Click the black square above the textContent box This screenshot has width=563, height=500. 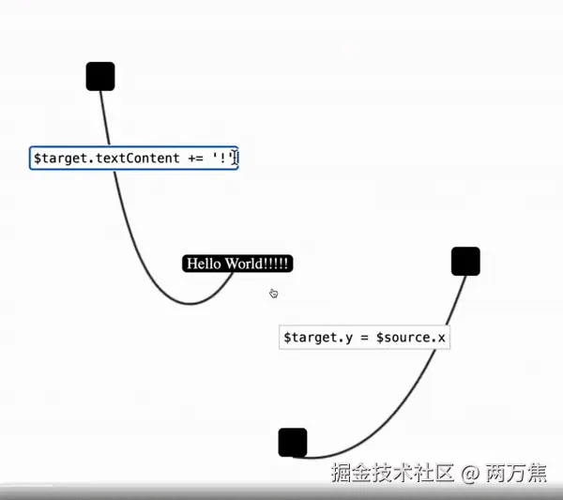click(x=100, y=76)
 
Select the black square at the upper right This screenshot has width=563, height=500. click(x=465, y=261)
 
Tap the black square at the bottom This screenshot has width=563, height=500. click(x=293, y=442)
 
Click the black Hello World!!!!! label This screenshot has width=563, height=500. click(x=237, y=264)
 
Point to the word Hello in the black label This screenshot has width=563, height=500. click(x=204, y=264)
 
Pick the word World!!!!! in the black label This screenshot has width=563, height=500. click(x=257, y=264)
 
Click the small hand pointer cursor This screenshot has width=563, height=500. click(x=273, y=294)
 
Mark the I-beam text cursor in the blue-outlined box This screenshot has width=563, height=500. click(x=235, y=158)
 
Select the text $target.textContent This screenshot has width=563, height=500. click(x=106, y=159)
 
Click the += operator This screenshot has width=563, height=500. click(x=195, y=159)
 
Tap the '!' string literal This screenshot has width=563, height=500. click(x=221, y=158)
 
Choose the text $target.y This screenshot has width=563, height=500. click(x=313, y=338)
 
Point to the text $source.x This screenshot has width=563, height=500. click(x=410, y=338)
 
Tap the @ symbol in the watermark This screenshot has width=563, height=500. click(x=470, y=473)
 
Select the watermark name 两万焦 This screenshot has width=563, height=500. click(x=516, y=473)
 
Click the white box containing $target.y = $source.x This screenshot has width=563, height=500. click(x=364, y=338)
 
